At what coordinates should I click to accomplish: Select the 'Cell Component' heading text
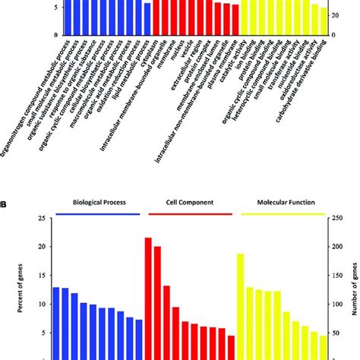(x=190, y=203)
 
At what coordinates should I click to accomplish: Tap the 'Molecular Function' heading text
(x=283, y=203)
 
